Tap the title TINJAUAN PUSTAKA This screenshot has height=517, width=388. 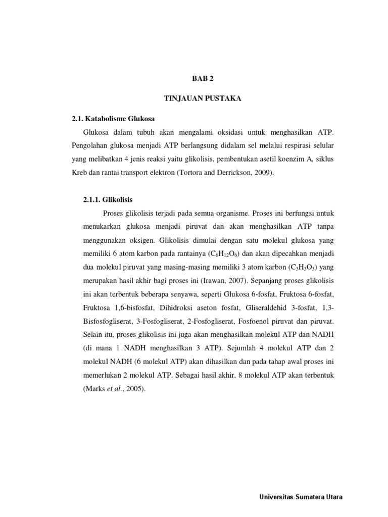tap(203, 98)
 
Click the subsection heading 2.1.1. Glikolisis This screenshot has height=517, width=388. tap(108, 200)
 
